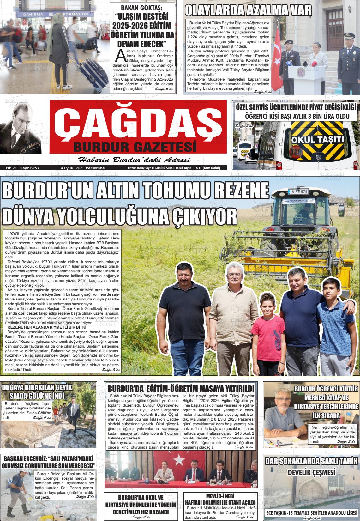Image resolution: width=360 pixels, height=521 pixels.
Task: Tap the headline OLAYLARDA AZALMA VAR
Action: [248, 11]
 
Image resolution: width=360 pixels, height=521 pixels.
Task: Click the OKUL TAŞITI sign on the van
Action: [317, 139]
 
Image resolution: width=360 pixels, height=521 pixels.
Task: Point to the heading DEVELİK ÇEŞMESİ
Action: [311, 473]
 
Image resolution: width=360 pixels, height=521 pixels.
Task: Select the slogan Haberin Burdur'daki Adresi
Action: [134, 160]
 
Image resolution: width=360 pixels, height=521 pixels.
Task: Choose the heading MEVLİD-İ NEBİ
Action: [220, 496]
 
